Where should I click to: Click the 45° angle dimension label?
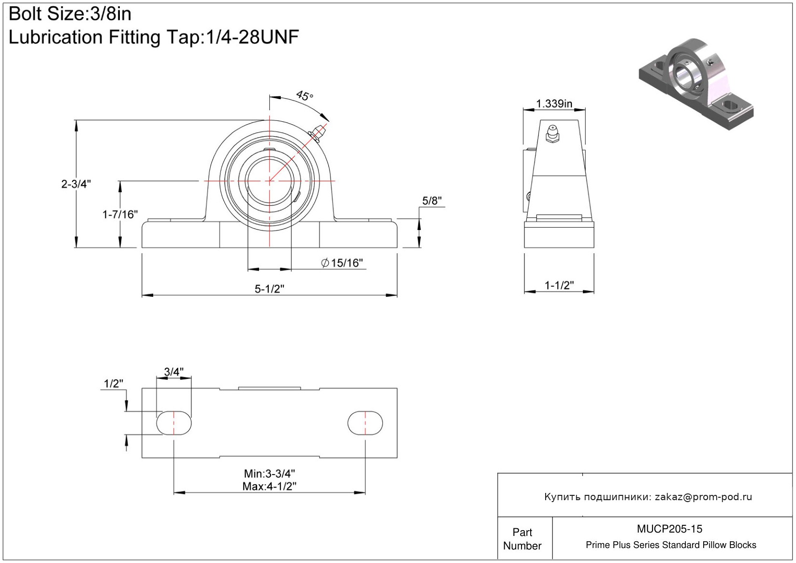click(x=304, y=96)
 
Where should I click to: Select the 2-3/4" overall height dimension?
click(x=76, y=184)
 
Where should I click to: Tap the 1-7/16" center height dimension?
click(x=120, y=214)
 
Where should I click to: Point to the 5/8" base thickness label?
click(x=432, y=201)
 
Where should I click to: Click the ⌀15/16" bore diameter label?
click(x=342, y=263)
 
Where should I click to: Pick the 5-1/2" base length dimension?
click(x=269, y=289)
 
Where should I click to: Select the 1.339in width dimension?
click(x=554, y=103)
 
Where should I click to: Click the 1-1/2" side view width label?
click(x=559, y=285)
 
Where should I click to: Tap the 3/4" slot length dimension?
click(x=174, y=372)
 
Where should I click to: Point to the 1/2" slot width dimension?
click(x=114, y=384)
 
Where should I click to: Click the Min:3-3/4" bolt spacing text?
click(x=269, y=474)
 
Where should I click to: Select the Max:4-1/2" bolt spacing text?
click(x=269, y=486)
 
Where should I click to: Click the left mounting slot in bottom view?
click(x=174, y=423)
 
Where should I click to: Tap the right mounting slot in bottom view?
click(x=365, y=423)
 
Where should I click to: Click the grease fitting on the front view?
click(x=318, y=131)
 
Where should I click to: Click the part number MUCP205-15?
click(x=669, y=529)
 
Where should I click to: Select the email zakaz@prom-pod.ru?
click(x=703, y=497)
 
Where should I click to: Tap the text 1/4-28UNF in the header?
click(x=252, y=37)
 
